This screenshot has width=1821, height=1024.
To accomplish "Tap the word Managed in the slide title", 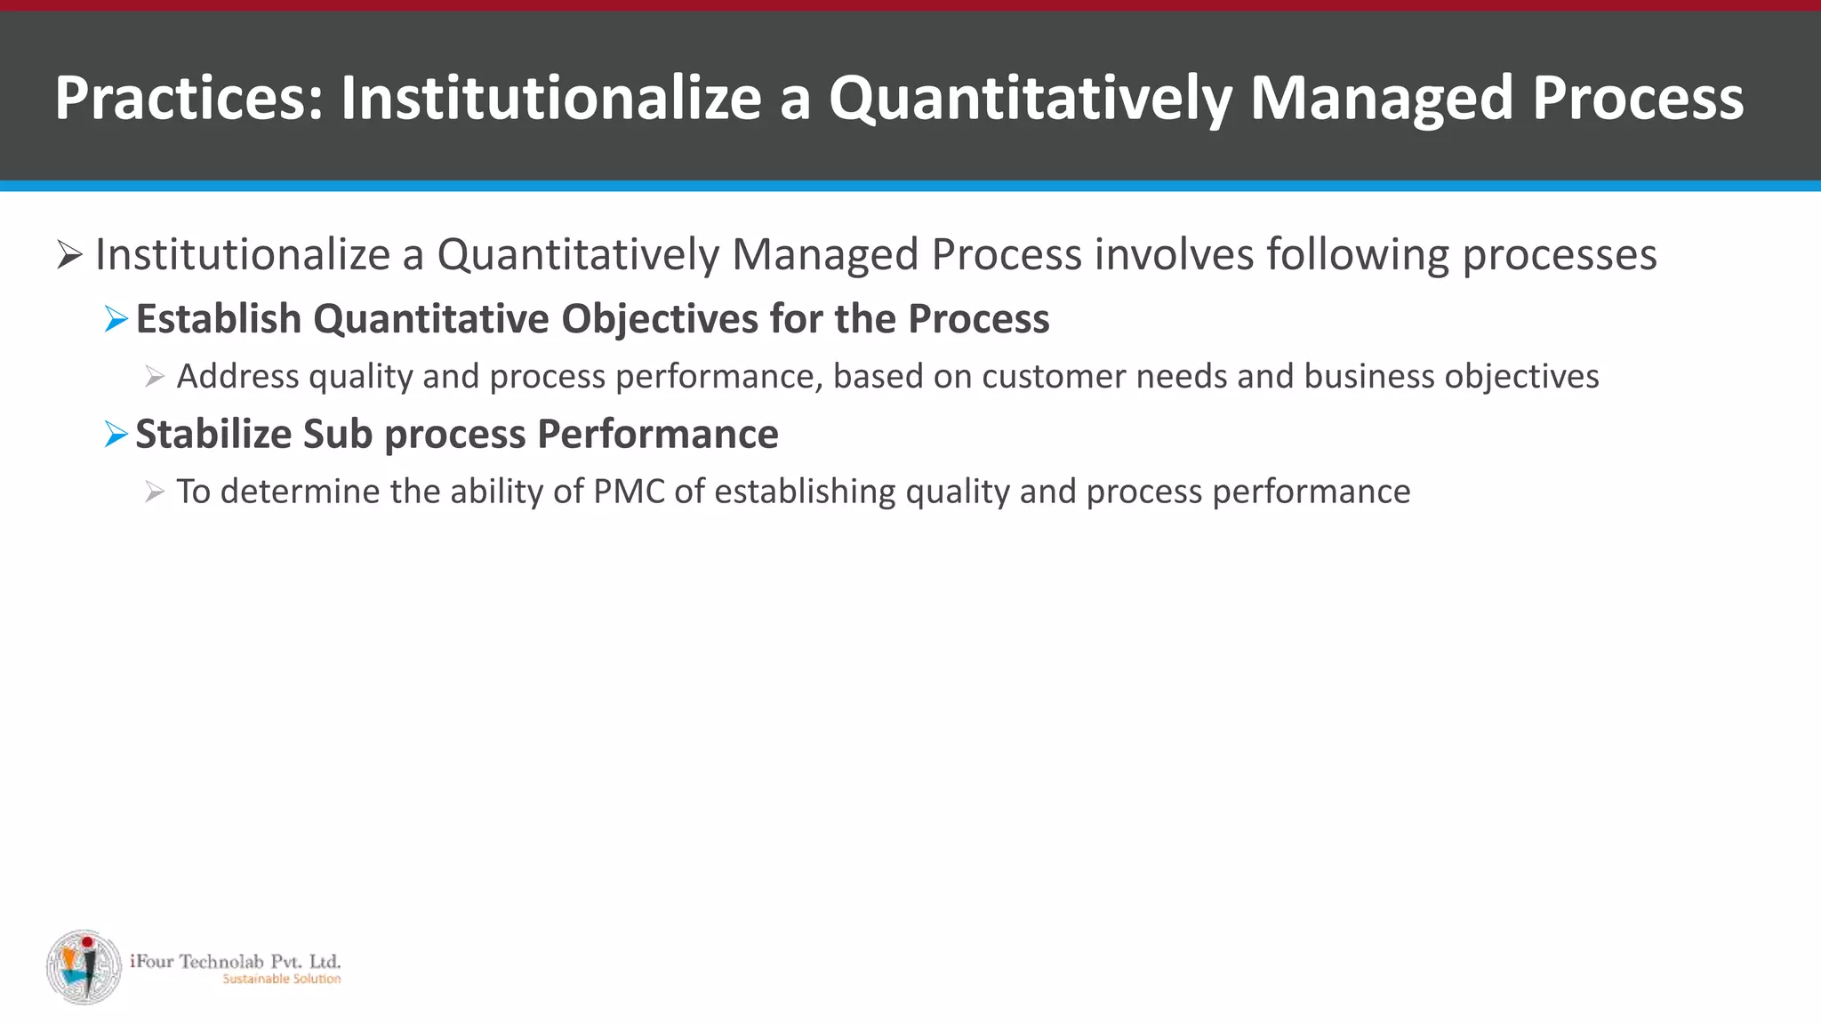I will click(x=1381, y=98).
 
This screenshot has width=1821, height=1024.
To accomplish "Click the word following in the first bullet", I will click(x=1358, y=254).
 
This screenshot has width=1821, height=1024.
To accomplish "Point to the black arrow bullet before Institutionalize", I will click(x=69, y=255).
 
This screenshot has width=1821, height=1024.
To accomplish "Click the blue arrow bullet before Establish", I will click(x=116, y=319).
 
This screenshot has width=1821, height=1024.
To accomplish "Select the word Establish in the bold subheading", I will click(x=218, y=319).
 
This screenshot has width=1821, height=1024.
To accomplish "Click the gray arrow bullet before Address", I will click(x=155, y=378).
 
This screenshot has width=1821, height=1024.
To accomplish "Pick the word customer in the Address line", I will click(x=1054, y=377).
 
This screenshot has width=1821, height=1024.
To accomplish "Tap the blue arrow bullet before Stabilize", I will click(x=116, y=435).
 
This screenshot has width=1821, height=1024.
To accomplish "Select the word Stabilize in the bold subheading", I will click(x=213, y=435).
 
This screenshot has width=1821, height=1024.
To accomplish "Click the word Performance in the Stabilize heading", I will click(x=657, y=435).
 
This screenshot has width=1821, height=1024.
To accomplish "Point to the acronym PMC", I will click(x=629, y=492).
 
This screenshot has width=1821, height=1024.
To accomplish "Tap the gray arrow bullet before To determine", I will click(x=155, y=492).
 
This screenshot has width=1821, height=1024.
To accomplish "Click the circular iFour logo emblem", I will click(x=84, y=967).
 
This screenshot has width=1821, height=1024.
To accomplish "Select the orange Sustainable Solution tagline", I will click(x=281, y=980).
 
